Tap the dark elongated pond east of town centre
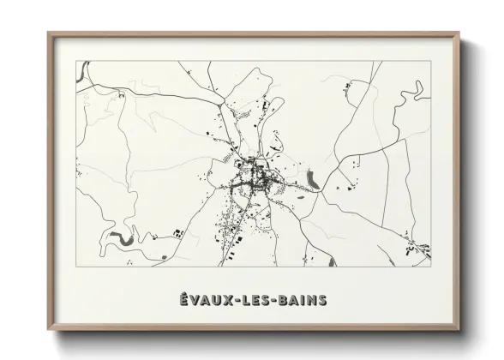[313, 179]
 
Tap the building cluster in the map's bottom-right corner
[417, 250]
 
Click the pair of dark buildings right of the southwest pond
[178, 233]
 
